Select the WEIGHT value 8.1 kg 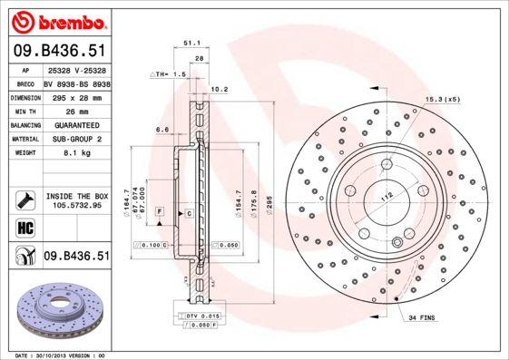click(74, 153)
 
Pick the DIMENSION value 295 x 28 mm click(74, 95)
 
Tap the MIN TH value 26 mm click(74, 110)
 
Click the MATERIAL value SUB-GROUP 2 click(74, 139)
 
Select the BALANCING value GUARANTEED click(74, 124)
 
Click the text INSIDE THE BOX click(75, 196)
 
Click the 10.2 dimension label click(219, 89)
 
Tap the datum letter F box click(160, 211)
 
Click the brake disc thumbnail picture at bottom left click(56, 310)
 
